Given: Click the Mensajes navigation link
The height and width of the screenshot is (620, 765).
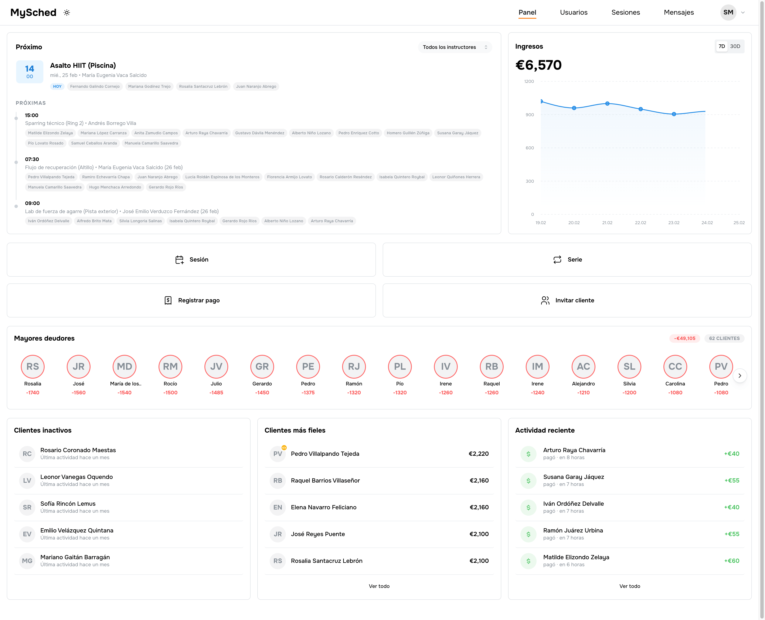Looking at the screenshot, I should pyautogui.click(x=678, y=13).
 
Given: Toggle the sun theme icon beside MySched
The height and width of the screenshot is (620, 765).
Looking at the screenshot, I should pyautogui.click(x=67, y=13).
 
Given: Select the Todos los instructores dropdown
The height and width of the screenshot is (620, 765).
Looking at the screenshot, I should pyautogui.click(x=455, y=47).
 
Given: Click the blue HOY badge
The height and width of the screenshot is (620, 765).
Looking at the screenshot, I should pyautogui.click(x=57, y=86).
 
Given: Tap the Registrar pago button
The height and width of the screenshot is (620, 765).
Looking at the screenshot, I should pyautogui.click(x=191, y=300).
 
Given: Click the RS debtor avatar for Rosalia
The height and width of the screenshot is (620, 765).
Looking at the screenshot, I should pyautogui.click(x=33, y=367).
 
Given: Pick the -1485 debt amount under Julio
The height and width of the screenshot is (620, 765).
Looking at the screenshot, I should pyautogui.click(x=216, y=392).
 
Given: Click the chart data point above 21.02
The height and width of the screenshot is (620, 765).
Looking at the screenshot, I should pyautogui.click(x=607, y=103).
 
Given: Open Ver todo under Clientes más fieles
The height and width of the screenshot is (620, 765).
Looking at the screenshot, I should pyautogui.click(x=379, y=586).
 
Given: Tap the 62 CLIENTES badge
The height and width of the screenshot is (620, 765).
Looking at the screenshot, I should pyautogui.click(x=724, y=338).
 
